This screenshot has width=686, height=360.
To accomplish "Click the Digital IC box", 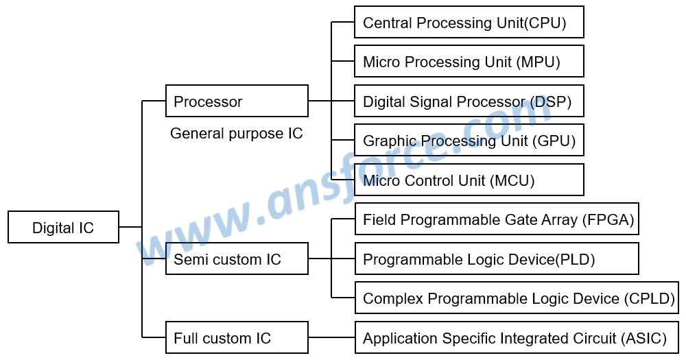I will pyautogui.click(x=63, y=228).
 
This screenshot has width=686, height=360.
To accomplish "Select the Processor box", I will pyautogui.click(x=237, y=101).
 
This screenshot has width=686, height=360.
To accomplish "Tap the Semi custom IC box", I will pyautogui.click(x=237, y=259).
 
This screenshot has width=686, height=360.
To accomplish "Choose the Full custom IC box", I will pyautogui.click(x=237, y=338).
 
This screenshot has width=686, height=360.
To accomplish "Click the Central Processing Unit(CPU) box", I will pyautogui.click(x=469, y=23).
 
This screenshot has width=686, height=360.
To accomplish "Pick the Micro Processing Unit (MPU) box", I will pyautogui.click(x=469, y=62).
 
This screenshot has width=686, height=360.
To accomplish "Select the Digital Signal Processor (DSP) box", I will pyautogui.click(x=469, y=101).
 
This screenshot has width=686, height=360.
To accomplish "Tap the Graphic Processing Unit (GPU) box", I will pyautogui.click(x=469, y=141).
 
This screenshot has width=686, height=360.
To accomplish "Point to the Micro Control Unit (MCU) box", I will pyautogui.click(x=469, y=180).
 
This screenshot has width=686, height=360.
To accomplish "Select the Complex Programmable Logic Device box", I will pyautogui.click(x=516, y=298).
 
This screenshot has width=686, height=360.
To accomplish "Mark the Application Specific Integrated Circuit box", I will pyautogui.click(x=516, y=338).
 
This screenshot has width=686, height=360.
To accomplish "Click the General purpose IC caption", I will pyautogui.click(x=236, y=133).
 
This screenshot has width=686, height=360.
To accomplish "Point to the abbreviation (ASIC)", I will pyautogui.click(x=644, y=338).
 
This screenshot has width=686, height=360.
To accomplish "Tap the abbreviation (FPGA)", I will pyautogui.click(x=608, y=219).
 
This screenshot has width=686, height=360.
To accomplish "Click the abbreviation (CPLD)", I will pyautogui.click(x=650, y=298).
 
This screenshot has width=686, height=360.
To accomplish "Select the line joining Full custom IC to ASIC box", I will pyautogui.click(x=331, y=338).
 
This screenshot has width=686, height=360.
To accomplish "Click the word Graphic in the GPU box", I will pyautogui.click(x=388, y=141).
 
